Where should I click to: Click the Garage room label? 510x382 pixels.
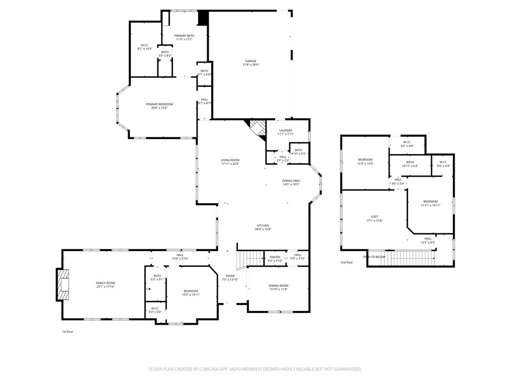coord(250,61)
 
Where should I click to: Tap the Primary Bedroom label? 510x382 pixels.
coord(159,104)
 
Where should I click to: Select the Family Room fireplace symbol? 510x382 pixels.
coord(63,285)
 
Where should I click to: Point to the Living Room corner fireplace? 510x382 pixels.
coord(257,128)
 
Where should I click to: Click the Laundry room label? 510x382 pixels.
coord(285,130)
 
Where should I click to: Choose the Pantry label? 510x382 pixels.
coord(275,257)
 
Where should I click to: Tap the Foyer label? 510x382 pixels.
coord(230,276)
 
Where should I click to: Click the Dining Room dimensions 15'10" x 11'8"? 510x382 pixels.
coord(278,289)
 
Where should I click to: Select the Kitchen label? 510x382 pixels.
coord(263,225)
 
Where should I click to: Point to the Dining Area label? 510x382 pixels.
coord(291,181)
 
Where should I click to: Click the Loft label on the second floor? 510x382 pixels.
coord(374,216)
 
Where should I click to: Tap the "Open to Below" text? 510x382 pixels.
coord(374,257)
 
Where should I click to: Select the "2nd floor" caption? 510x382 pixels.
coord(347,262)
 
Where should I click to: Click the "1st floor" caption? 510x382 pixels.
coord(68,331)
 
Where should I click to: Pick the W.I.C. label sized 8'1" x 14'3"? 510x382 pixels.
coord(144,45)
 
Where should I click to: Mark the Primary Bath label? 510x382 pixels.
coord(184,36)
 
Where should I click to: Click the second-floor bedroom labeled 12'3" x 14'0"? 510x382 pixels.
coord(365,160)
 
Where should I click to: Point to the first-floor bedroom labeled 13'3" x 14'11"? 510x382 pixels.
coord(190,291)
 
